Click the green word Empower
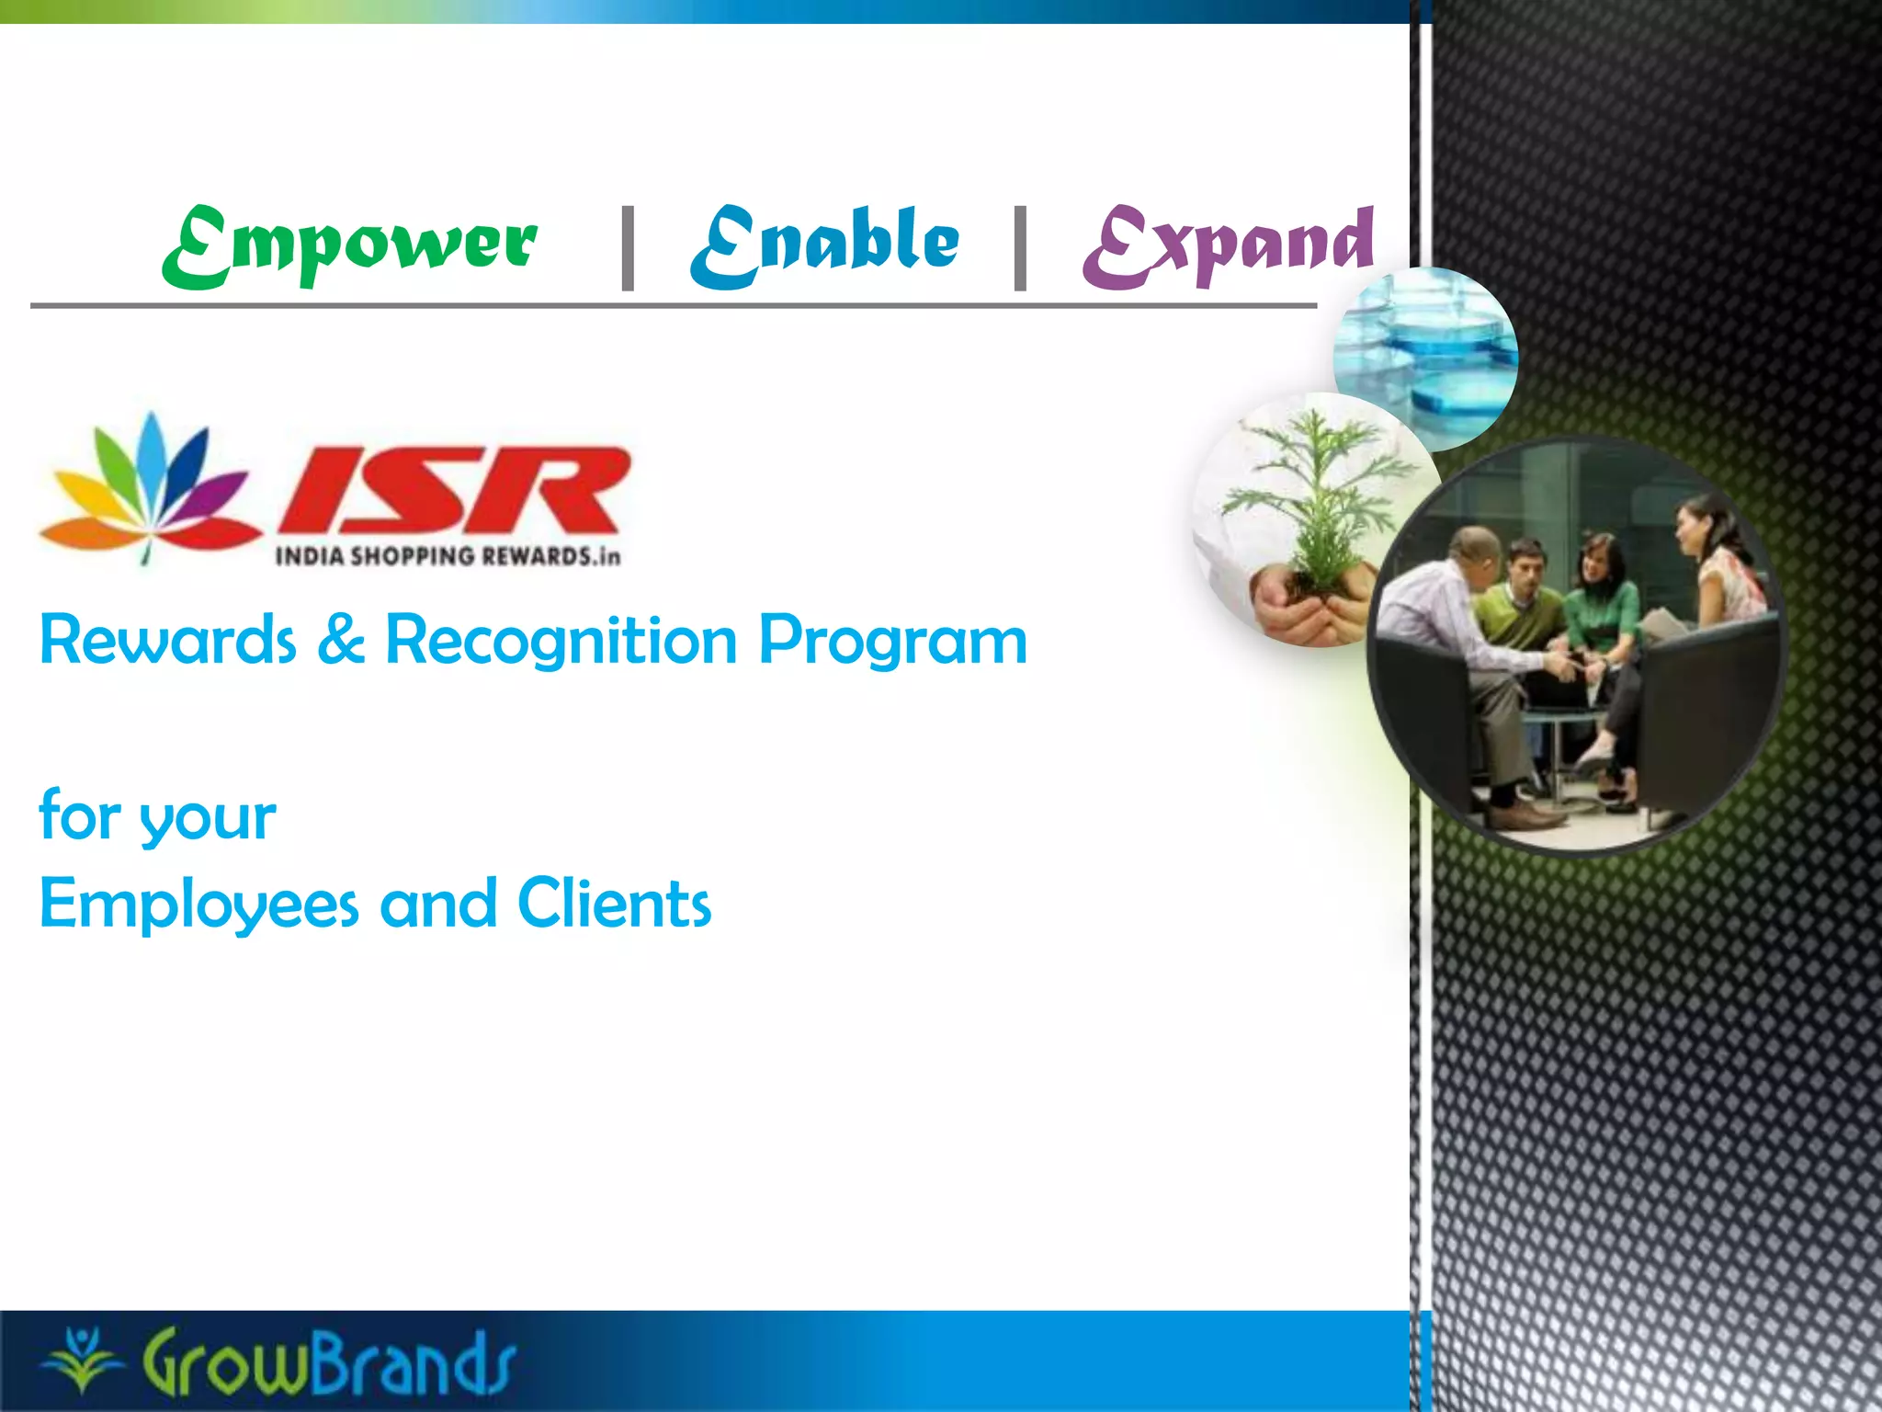[x=349, y=244]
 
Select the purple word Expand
[x=1228, y=244]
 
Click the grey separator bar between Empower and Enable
[x=629, y=248]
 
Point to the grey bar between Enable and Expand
[x=1020, y=248]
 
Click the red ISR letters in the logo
[x=455, y=492]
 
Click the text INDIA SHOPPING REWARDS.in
[x=448, y=556]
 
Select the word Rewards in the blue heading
[x=168, y=641]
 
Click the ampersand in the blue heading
[x=341, y=641]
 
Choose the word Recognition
[x=561, y=641]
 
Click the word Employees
[x=198, y=905]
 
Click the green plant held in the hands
[x=1316, y=501]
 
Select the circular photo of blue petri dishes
[x=1426, y=359]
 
